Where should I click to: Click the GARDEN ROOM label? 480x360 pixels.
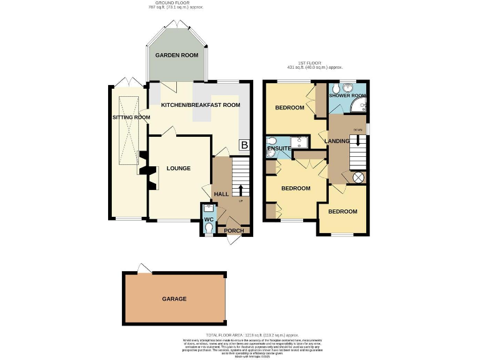[x=177, y=55]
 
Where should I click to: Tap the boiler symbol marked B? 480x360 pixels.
[x=244, y=145]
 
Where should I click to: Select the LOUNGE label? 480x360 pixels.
[x=178, y=168]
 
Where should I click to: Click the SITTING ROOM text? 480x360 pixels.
[x=131, y=117]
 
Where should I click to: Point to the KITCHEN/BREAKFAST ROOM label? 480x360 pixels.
[x=200, y=105]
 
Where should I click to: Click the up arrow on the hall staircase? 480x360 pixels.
[x=242, y=189]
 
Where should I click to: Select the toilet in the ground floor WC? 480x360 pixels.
[x=208, y=229]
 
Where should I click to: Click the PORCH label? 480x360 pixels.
[x=234, y=231]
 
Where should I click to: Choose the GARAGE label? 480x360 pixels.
[x=174, y=299]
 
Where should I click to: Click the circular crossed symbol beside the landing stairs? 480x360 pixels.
[x=359, y=177]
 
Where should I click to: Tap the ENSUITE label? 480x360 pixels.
[x=279, y=149]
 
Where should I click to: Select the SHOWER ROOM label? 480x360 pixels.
[x=348, y=96]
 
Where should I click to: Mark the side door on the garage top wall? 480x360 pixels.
[x=144, y=269]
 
